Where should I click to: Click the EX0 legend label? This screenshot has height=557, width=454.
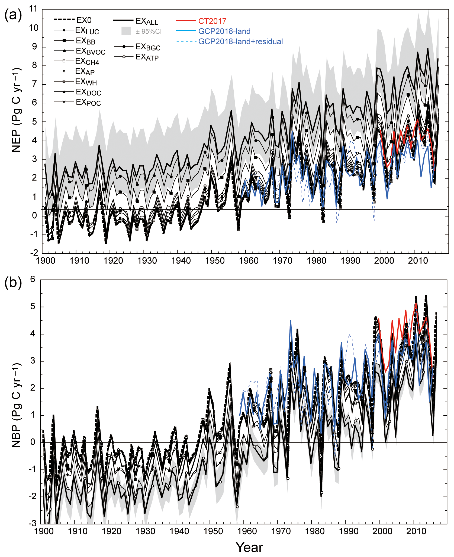click(84, 20)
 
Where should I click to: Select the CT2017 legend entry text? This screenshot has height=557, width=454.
click(212, 21)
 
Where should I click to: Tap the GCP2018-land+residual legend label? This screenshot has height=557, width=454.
click(240, 42)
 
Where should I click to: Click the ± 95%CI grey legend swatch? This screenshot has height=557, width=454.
click(126, 31)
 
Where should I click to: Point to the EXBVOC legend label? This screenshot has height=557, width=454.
click(91, 51)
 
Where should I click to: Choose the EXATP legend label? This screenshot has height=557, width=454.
click(147, 57)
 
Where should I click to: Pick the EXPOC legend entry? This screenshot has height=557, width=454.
click(88, 103)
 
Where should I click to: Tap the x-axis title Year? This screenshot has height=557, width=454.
click(249, 547)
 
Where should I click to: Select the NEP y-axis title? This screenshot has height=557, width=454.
click(16, 110)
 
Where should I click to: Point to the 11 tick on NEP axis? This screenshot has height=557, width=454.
click(34, 9)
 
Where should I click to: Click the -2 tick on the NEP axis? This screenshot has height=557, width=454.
click(34, 253)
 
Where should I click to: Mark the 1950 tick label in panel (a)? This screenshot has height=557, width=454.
click(215, 261)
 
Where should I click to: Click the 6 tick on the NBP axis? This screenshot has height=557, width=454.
click(33, 279)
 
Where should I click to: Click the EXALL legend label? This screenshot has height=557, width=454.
click(147, 21)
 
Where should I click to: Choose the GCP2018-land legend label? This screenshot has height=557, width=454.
click(224, 31)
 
